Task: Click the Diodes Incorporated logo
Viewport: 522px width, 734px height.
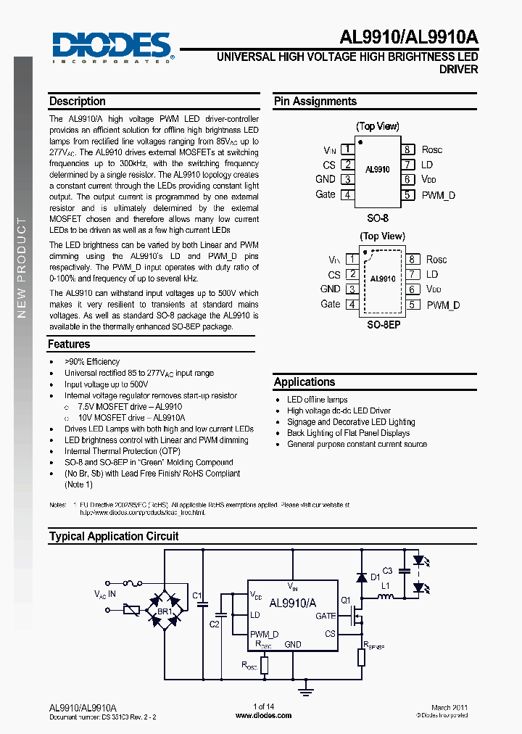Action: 112,47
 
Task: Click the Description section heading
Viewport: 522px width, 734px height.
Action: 78,102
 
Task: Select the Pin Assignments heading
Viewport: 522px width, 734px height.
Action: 315,102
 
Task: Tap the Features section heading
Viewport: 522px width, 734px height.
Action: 69,345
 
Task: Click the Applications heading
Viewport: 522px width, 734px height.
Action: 304,382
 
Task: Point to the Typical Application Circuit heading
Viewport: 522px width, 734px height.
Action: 114,537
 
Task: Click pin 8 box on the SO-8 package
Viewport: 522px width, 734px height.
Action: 408,149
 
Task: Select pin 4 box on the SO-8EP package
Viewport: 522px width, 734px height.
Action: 352,305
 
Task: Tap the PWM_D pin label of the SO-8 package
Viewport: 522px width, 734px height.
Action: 439,195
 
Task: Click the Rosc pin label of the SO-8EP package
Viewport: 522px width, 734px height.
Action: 436,260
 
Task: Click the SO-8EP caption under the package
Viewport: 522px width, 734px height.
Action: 384,325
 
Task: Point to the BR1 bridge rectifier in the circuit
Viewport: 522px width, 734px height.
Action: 165,611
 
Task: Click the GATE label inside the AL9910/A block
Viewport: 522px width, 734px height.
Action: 326,616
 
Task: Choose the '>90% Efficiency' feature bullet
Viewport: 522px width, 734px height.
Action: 92,362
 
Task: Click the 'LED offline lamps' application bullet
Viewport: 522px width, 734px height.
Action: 317,400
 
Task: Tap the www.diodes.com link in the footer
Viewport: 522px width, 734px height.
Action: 264,715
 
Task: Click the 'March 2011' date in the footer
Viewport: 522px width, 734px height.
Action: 449,707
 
